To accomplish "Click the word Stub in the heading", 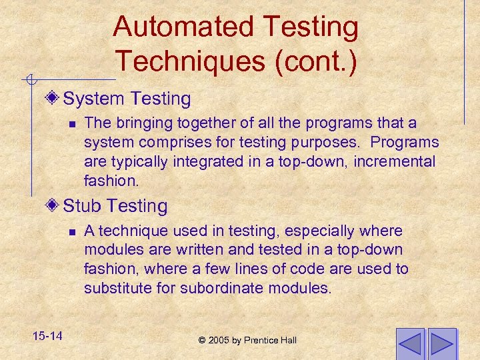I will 81,206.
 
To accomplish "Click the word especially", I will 323,231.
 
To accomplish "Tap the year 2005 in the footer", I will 219,341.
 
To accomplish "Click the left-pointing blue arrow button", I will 410,344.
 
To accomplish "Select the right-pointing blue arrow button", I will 442,344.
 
